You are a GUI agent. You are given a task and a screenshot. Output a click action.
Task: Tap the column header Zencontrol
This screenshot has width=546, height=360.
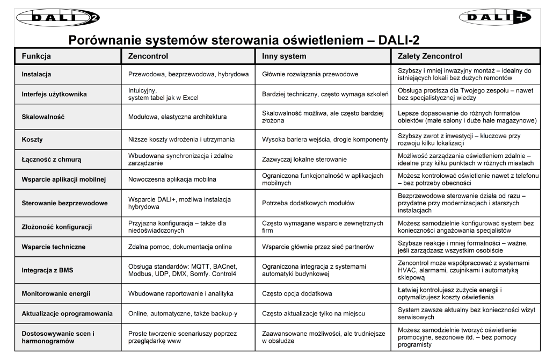(x=148, y=56)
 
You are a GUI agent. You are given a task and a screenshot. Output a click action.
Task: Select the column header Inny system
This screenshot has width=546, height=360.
(x=284, y=56)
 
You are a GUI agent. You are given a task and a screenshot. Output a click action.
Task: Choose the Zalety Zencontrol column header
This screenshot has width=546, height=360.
(x=429, y=56)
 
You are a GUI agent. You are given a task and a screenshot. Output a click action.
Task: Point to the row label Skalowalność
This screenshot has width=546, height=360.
(x=42, y=117)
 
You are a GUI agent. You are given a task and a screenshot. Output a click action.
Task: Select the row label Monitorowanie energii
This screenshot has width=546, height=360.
(x=56, y=293)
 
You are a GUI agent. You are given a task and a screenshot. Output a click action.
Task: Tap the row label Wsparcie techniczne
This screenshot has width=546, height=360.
(x=53, y=247)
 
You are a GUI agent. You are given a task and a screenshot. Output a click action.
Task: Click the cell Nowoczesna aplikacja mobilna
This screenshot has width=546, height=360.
(x=172, y=179)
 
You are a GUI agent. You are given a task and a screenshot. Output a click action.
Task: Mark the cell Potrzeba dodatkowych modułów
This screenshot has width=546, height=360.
(x=308, y=203)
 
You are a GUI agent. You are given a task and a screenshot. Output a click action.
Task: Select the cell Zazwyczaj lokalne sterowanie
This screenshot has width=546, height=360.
(x=304, y=159)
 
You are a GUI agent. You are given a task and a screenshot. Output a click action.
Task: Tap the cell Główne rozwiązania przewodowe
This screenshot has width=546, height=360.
(x=310, y=74)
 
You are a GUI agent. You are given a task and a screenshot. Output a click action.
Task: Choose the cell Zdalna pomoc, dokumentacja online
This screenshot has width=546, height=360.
(x=180, y=247)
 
